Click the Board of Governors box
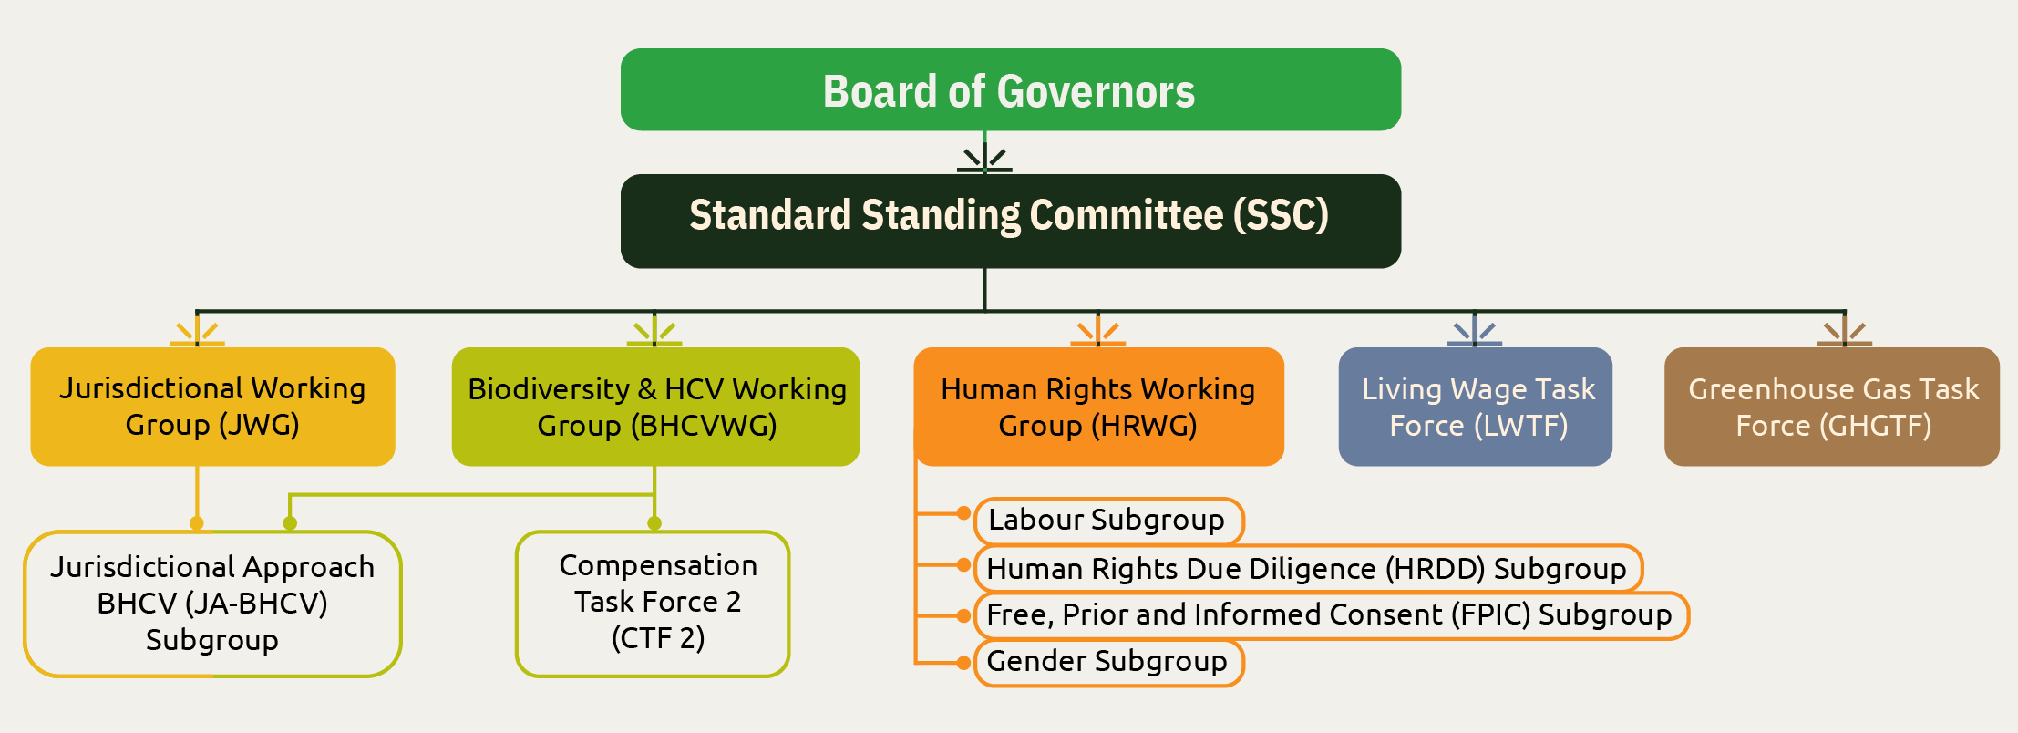1010,89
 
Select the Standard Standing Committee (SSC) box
1010,221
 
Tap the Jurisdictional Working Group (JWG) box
212,407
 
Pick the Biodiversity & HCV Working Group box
655,407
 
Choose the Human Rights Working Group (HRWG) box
1098,407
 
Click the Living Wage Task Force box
1475,407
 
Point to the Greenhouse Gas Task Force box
1832,407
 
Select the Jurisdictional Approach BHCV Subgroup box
212,604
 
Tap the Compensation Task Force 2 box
653,604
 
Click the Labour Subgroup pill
1108,521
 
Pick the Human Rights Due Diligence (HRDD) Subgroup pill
1308,569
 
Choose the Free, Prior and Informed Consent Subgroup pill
1331,615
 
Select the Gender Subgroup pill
1108,662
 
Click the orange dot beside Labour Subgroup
963,513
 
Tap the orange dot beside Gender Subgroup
963,663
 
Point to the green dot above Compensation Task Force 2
654,523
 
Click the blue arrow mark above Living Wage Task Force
1475,332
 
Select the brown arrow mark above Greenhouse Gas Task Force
1844,332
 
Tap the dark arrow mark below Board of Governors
984,159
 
